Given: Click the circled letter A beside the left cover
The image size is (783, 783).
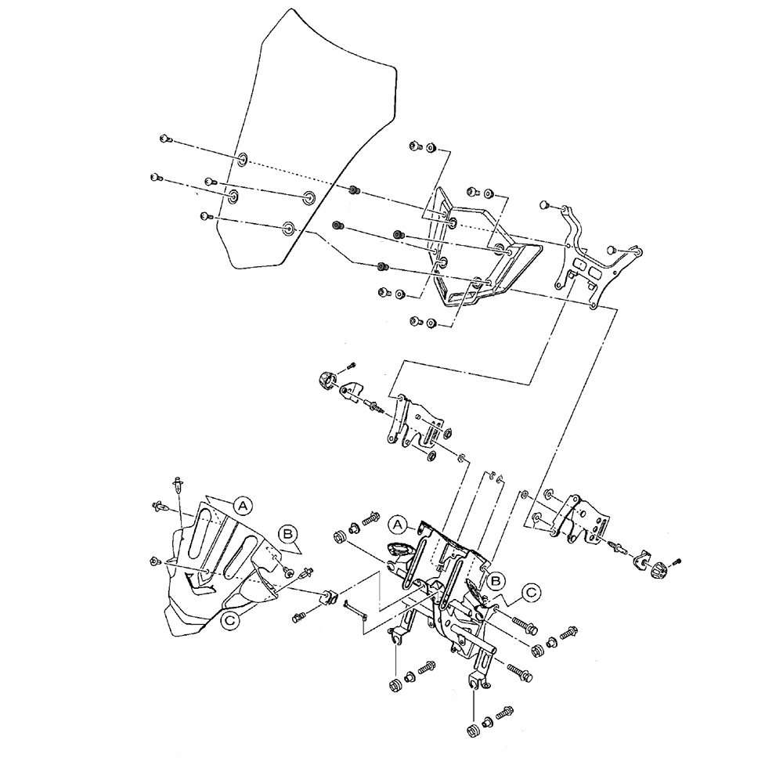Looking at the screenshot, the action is (242, 506).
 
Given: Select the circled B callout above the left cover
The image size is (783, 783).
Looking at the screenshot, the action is (287, 534).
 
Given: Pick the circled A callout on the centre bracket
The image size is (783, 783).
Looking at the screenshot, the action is (398, 525).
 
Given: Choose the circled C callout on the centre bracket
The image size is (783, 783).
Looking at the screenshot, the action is (532, 592).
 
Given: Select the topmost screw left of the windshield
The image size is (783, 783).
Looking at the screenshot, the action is (166, 139).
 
